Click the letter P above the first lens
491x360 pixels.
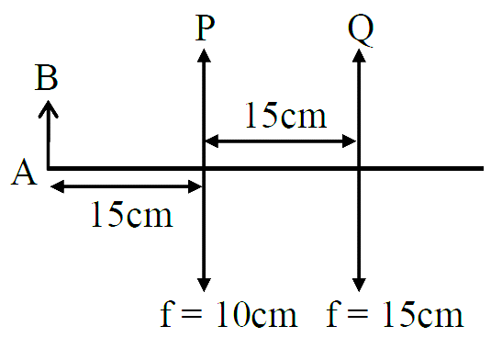(x=205, y=28)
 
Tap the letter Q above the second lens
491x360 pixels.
(x=361, y=29)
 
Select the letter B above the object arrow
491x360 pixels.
(x=46, y=77)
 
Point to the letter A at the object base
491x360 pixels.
(x=24, y=172)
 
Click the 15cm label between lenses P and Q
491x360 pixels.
(x=286, y=115)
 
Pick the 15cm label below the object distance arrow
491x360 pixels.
(x=132, y=214)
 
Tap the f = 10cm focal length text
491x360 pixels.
(x=229, y=314)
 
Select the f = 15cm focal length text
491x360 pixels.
(x=395, y=314)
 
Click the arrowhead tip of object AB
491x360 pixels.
(x=49, y=101)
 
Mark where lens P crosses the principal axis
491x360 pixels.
(x=204, y=169)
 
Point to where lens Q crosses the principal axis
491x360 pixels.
(x=359, y=169)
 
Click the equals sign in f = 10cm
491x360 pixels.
(x=191, y=314)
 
